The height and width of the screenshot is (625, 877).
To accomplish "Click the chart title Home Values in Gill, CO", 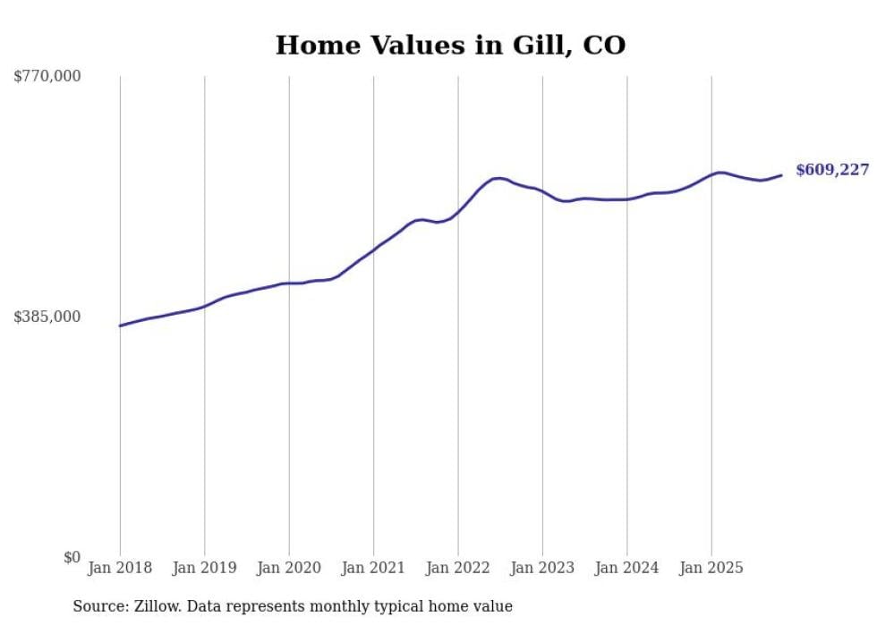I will [450, 45].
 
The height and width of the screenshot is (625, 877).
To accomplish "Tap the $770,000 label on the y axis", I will [47, 77].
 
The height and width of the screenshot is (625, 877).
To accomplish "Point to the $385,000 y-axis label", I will [47, 317].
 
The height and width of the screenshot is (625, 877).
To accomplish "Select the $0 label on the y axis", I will [72, 557].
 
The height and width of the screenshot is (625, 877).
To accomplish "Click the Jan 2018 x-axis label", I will [120, 568].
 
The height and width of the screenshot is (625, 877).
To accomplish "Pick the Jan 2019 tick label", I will [205, 568].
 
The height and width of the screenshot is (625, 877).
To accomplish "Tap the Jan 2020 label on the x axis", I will [289, 568].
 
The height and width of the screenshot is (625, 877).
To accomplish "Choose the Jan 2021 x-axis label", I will [373, 568].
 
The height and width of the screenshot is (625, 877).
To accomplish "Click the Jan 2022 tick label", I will [458, 568].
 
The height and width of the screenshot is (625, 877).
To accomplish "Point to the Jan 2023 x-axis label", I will [542, 568].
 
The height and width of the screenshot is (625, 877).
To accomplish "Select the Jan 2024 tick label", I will [627, 568].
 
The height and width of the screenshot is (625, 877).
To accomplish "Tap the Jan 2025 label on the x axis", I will [711, 568].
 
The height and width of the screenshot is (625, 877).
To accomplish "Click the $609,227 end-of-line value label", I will [831, 170].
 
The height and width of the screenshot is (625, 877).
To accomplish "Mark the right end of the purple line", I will [781, 175].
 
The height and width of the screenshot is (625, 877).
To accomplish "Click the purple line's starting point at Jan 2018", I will [121, 325].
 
